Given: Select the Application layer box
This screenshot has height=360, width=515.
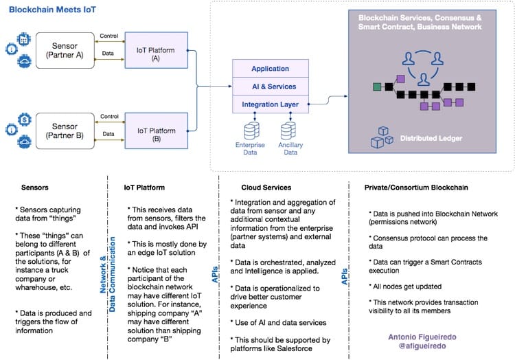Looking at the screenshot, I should point(270,69).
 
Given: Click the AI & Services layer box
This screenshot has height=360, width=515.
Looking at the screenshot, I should point(270,87).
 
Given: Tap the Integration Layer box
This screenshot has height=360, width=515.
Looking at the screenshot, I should point(270,104).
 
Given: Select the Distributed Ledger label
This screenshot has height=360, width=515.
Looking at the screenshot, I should point(431,138).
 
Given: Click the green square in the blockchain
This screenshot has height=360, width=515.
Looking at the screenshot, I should point(376,87).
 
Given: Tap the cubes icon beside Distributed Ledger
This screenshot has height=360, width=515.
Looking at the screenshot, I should point(382,137).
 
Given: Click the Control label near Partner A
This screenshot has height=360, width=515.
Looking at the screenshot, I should point(108,36).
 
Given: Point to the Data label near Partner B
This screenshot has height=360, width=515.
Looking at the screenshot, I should point(108,134).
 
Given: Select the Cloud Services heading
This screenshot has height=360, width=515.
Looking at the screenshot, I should point(266,186).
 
